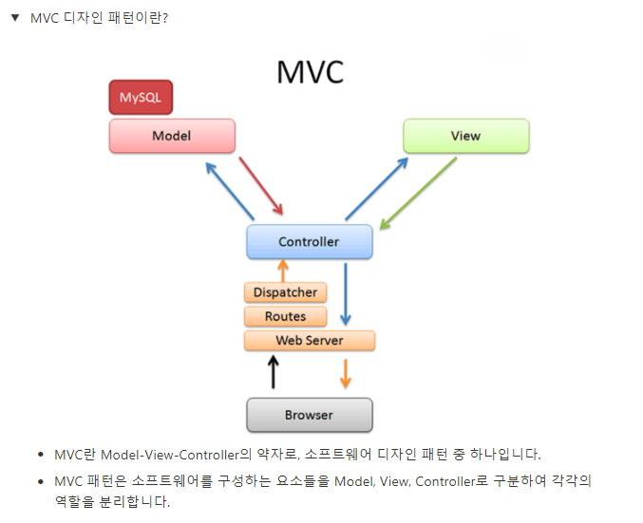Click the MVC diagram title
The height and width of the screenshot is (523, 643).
[310, 72]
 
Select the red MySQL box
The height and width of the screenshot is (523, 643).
[141, 97]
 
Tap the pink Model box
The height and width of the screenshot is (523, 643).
[172, 136]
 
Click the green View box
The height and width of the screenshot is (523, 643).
[465, 136]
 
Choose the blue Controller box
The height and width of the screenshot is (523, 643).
[309, 242]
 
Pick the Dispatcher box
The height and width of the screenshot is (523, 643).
[285, 292]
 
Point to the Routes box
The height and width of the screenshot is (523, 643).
[285, 316]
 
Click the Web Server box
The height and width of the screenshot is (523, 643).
[310, 340]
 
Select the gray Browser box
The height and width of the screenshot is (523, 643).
[309, 415]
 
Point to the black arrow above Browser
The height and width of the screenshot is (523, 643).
[274, 372]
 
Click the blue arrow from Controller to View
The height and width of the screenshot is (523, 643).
[376, 189]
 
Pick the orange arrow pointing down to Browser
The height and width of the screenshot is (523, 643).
[345, 372]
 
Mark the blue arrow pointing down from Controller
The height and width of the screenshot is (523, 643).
[346, 294]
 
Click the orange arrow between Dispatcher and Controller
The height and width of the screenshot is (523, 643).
[282, 270]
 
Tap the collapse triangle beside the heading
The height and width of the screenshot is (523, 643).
[14, 18]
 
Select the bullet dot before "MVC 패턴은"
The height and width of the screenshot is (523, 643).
[40, 482]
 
